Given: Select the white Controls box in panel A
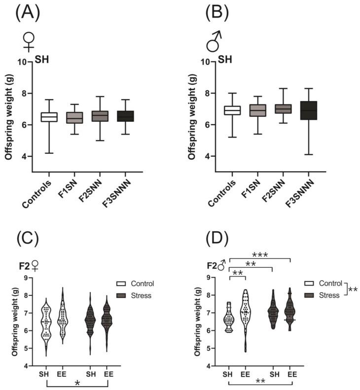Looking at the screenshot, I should pyautogui.click(x=49, y=116).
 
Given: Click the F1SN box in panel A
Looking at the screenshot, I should pyautogui.click(x=74, y=117).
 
